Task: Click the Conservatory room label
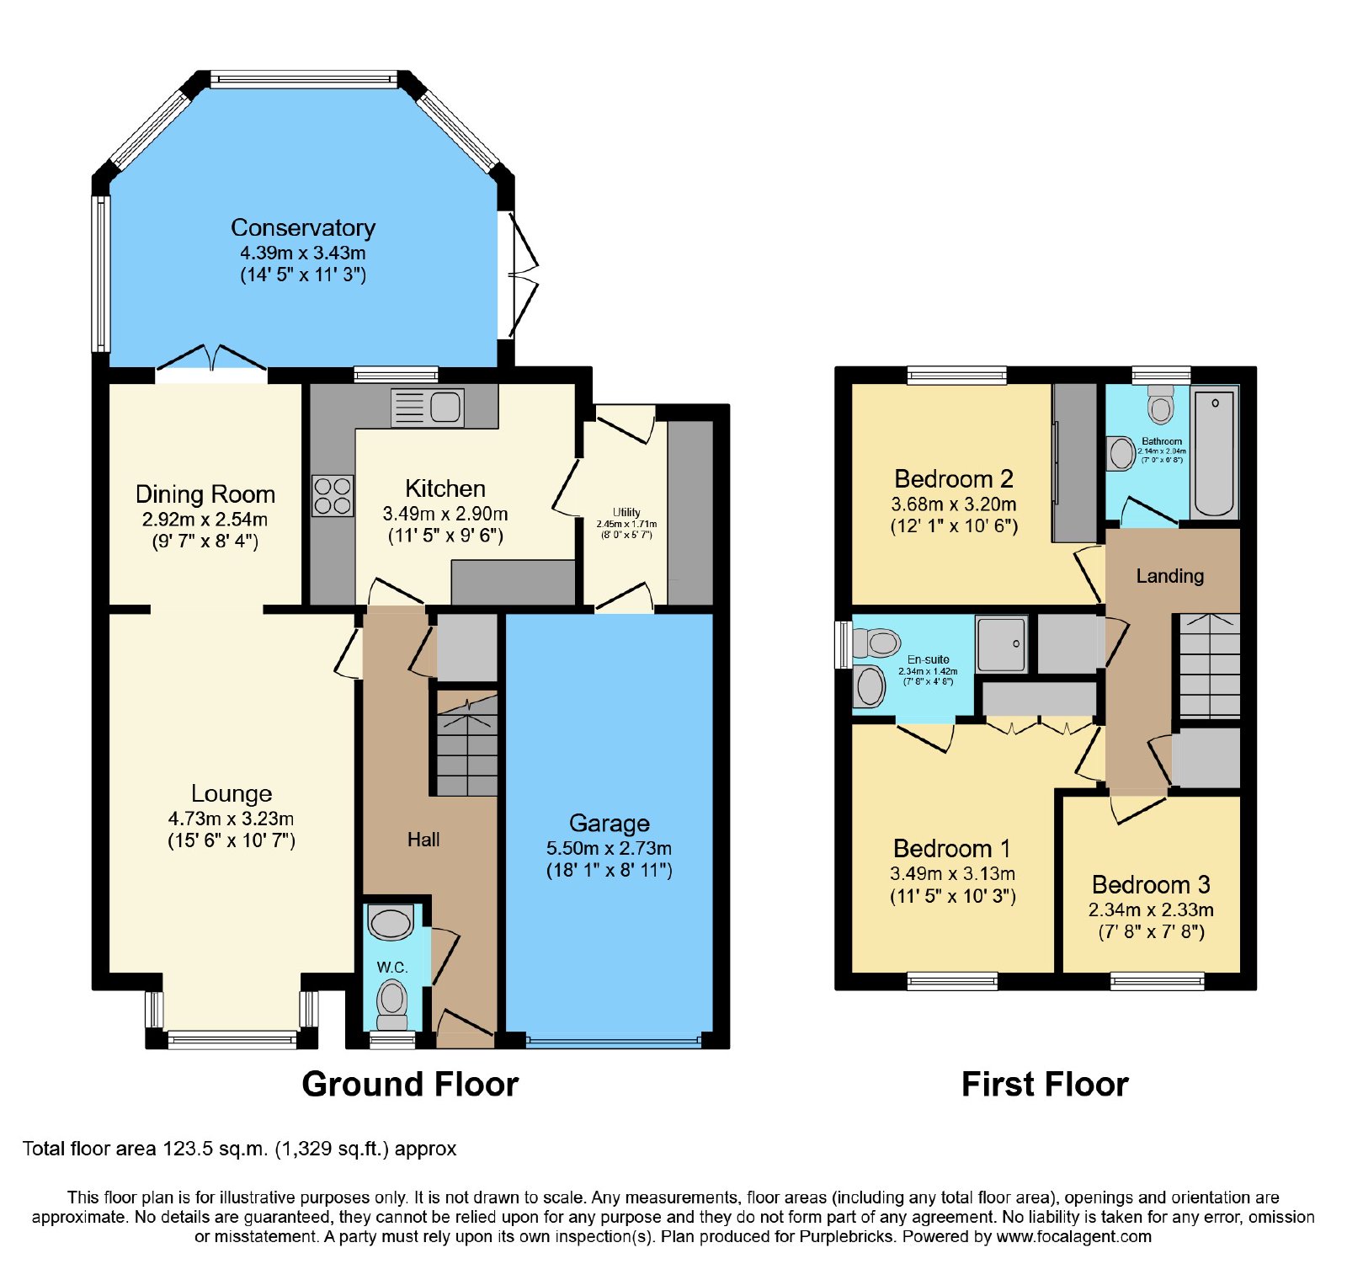303,228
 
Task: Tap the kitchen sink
428,407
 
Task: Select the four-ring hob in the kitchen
333,495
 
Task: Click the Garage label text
610,823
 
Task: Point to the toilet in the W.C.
391,1002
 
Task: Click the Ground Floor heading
410,1084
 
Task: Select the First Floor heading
1045,1084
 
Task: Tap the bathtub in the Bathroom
1214,453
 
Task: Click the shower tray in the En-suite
1002,643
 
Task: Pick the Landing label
1170,576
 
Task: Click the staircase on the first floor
1210,665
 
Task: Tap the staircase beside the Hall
467,744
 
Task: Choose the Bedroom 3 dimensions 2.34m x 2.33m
1151,909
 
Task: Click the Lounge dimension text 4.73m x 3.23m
232,819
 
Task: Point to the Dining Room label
205,494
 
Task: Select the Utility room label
626,512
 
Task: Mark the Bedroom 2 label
954,479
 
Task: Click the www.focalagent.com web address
1074,1237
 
